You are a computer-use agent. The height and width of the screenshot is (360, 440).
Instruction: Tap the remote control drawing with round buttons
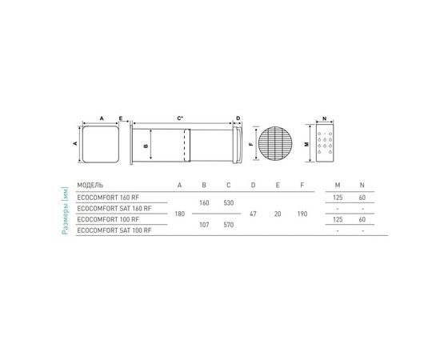click(x=325, y=144)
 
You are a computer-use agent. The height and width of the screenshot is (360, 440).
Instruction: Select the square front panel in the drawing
click(x=100, y=144)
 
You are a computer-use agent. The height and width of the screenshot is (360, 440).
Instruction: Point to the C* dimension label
click(x=181, y=118)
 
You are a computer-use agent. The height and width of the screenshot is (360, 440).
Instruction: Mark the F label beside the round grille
click(x=250, y=145)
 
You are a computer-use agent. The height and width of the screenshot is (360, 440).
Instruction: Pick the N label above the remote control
click(x=325, y=117)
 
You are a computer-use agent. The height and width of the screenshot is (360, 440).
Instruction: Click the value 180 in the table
click(x=179, y=214)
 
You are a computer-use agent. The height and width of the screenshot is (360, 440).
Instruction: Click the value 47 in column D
click(x=253, y=214)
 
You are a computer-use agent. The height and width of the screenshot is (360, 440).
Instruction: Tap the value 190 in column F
click(x=301, y=214)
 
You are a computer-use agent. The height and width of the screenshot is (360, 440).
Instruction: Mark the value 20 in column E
click(x=277, y=214)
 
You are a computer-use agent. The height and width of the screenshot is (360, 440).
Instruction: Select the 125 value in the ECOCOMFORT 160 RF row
click(x=338, y=197)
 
